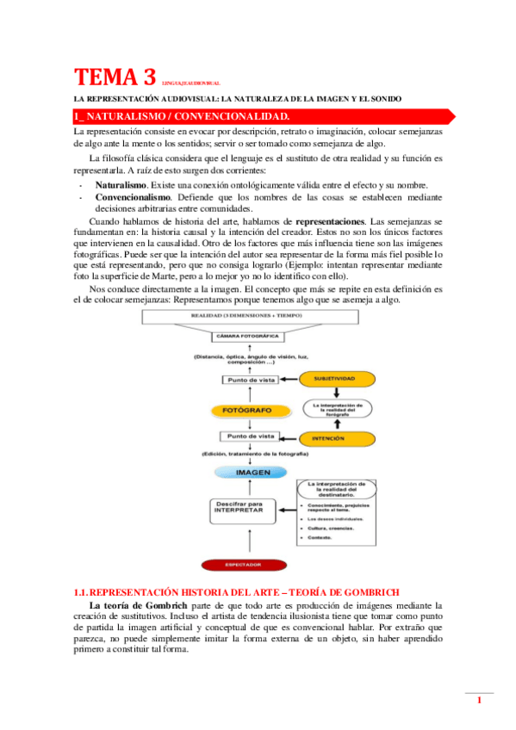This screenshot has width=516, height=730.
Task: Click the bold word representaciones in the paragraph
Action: [x=345, y=221]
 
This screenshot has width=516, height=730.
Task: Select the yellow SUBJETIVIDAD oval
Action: [x=331, y=378]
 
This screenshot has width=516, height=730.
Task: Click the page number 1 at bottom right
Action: [x=479, y=702]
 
